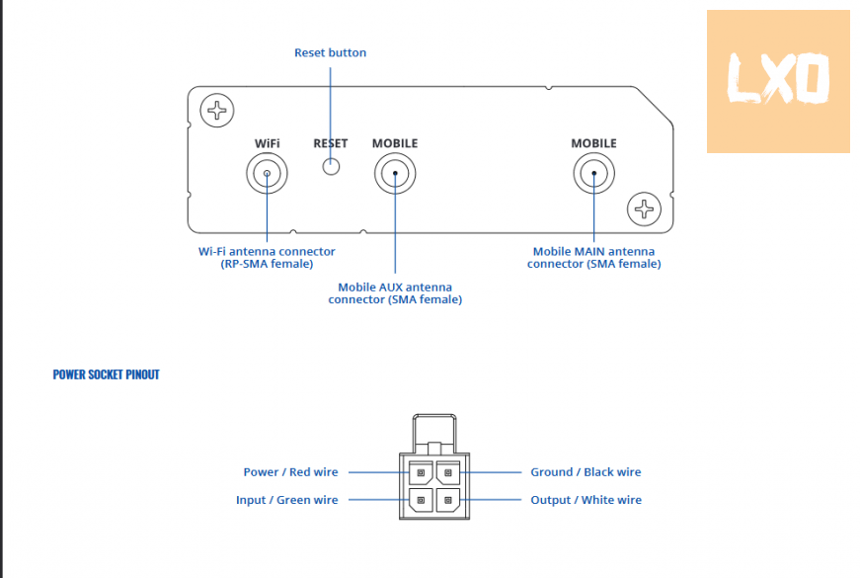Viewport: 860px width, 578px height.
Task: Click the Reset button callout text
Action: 330,52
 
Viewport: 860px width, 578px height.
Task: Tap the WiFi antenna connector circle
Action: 267,175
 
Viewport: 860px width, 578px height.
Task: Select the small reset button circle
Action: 331,167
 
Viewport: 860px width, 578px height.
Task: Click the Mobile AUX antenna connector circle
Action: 395,175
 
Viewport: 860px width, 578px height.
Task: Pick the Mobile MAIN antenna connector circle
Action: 593,175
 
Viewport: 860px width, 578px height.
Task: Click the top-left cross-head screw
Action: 215,110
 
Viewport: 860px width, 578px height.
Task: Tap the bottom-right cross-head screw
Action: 644,208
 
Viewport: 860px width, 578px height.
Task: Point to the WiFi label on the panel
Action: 267,143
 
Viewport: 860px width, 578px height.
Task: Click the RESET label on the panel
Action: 331,143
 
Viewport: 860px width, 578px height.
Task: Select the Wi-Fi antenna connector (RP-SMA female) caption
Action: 267,258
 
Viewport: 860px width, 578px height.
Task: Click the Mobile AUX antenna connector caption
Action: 395,293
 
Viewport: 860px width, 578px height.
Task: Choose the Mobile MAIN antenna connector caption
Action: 593,258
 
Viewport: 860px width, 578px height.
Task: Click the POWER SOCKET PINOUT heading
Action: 106,375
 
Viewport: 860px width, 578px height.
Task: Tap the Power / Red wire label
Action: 290,472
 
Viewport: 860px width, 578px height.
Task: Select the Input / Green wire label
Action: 286,500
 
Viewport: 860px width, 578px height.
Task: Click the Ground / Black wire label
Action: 586,472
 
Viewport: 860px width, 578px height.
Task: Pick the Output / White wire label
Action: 586,500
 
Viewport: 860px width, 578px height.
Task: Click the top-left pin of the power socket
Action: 422,473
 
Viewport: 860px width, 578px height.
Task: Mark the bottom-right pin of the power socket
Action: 448,500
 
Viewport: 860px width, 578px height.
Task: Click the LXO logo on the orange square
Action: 777,81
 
